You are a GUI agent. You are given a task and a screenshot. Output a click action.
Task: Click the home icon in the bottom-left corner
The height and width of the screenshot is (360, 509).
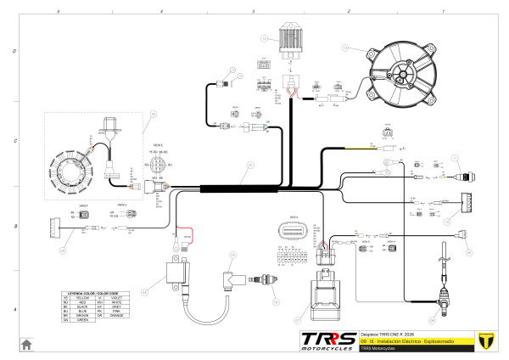click(26, 344)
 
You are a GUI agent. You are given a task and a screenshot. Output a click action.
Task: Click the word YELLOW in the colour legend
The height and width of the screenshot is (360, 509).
click(83, 297)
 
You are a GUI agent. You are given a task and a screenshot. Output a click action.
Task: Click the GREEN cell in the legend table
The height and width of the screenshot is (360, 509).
click(83, 323)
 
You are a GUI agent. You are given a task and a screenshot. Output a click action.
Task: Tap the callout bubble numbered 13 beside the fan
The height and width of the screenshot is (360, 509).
click(344, 48)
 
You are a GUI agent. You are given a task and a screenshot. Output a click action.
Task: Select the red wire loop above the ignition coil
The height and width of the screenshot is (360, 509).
click(186, 235)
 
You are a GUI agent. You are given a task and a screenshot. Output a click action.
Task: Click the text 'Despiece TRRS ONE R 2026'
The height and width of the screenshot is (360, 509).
click(387, 333)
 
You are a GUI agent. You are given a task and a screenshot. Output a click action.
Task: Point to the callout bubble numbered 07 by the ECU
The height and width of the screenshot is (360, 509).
click(297, 320)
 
